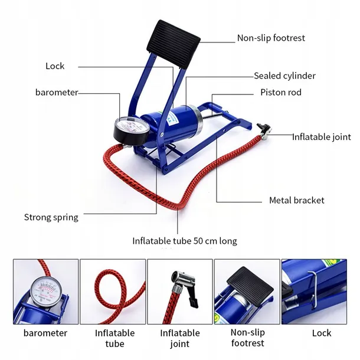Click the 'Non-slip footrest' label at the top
[271, 38]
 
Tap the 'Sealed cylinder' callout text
[284, 76]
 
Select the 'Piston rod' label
[281, 93]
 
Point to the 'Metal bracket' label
[296, 200]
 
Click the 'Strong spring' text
[51, 217]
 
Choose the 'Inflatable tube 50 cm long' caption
[184, 241]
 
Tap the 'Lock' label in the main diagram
[55, 66]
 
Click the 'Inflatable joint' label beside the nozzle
[322, 137]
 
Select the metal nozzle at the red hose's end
[264, 128]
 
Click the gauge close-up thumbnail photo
[45, 291]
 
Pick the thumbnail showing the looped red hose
[112, 291]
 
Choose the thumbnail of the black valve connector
[179, 291]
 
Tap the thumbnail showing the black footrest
[247, 291]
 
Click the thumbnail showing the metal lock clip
[314, 291]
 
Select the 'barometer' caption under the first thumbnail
[45, 333]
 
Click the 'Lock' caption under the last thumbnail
[322, 333]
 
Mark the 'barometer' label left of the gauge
[56, 92]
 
